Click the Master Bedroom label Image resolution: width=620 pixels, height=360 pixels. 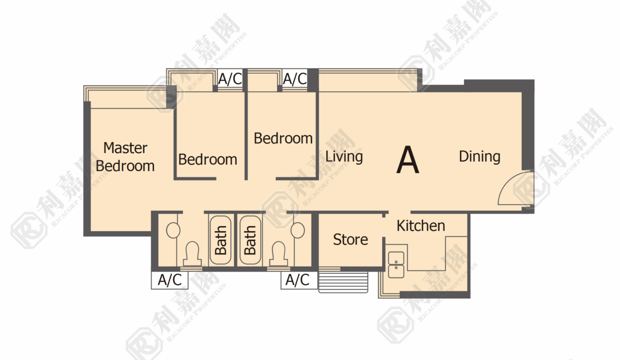point(125,156)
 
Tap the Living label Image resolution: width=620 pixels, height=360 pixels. point(344,156)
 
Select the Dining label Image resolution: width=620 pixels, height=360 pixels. point(479,156)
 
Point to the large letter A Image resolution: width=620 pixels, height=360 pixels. point(407,159)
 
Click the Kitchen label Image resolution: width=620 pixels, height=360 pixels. point(420,226)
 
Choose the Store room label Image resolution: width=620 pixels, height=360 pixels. point(350,239)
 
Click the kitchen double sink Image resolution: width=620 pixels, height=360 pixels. point(396,264)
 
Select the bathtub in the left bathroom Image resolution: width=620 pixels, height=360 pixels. point(220,240)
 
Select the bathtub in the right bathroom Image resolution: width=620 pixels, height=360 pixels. point(250,240)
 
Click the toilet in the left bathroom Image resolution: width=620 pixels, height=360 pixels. point(192,253)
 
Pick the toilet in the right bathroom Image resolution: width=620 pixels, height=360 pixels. point(278,253)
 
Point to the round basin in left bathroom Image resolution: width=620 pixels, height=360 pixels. point(173,230)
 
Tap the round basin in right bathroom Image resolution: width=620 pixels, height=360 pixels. point(298,230)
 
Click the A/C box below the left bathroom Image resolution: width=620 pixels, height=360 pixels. point(169,280)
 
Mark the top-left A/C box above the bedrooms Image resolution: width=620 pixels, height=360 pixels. point(230,78)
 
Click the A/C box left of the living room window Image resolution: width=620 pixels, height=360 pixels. point(295,78)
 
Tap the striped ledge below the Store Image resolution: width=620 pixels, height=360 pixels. point(343,282)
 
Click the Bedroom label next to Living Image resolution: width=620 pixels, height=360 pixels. point(283,138)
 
